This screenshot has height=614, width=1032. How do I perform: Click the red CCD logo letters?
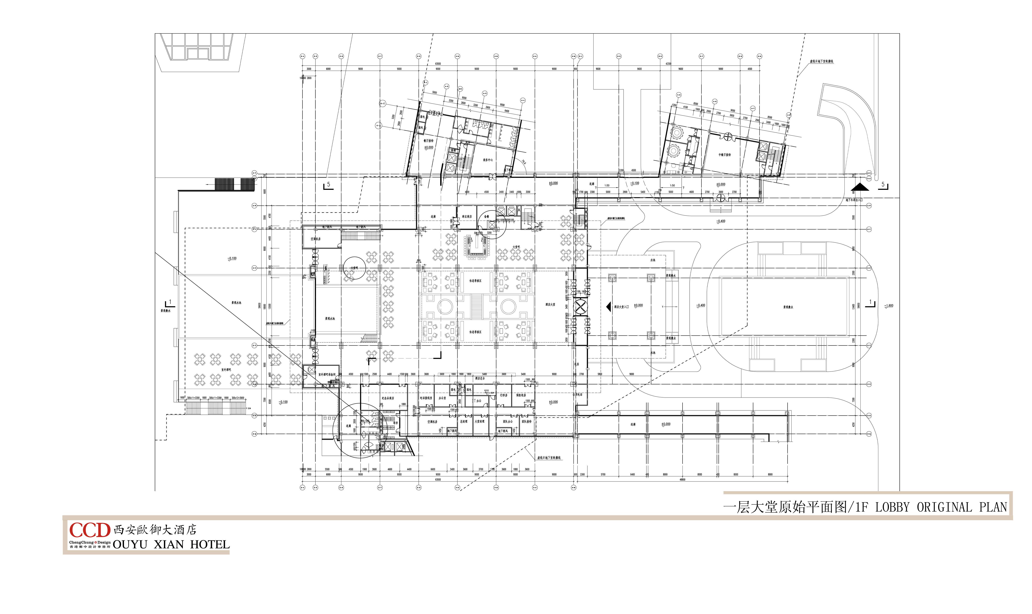coord(89,530)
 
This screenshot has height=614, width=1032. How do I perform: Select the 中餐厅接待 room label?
coord(724,155)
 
